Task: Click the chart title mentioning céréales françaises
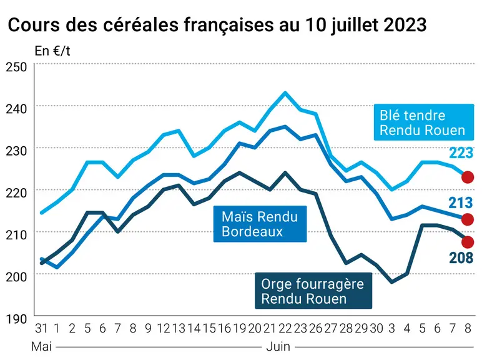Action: (x=217, y=25)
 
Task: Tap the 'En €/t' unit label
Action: (x=52, y=51)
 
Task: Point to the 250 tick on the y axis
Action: (x=16, y=67)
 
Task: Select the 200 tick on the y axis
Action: (x=16, y=277)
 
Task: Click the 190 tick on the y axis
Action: (x=16, y=319)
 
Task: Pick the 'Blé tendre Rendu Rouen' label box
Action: (x=423, y=122)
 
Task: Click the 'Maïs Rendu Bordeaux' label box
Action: (x=260, y=224)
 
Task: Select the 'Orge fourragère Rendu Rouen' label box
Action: (x=313, y=291)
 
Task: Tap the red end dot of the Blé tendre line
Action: (x=468, y=177)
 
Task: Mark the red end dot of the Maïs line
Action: (x=468, y=219)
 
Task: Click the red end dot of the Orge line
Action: (x=468, y=242)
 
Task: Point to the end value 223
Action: (x=461, y=153)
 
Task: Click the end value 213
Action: (x=461, y=202)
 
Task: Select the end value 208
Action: (x=461, y=258)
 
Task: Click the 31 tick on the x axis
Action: (x=41, y=329)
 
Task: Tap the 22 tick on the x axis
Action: (x=285, y=329)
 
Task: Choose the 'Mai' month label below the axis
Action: (x=41, y=347)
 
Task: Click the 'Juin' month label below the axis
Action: (x=278, y=347)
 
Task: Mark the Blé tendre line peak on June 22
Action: (x=285, y=92)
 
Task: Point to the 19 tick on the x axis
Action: (x=240, y=329)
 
